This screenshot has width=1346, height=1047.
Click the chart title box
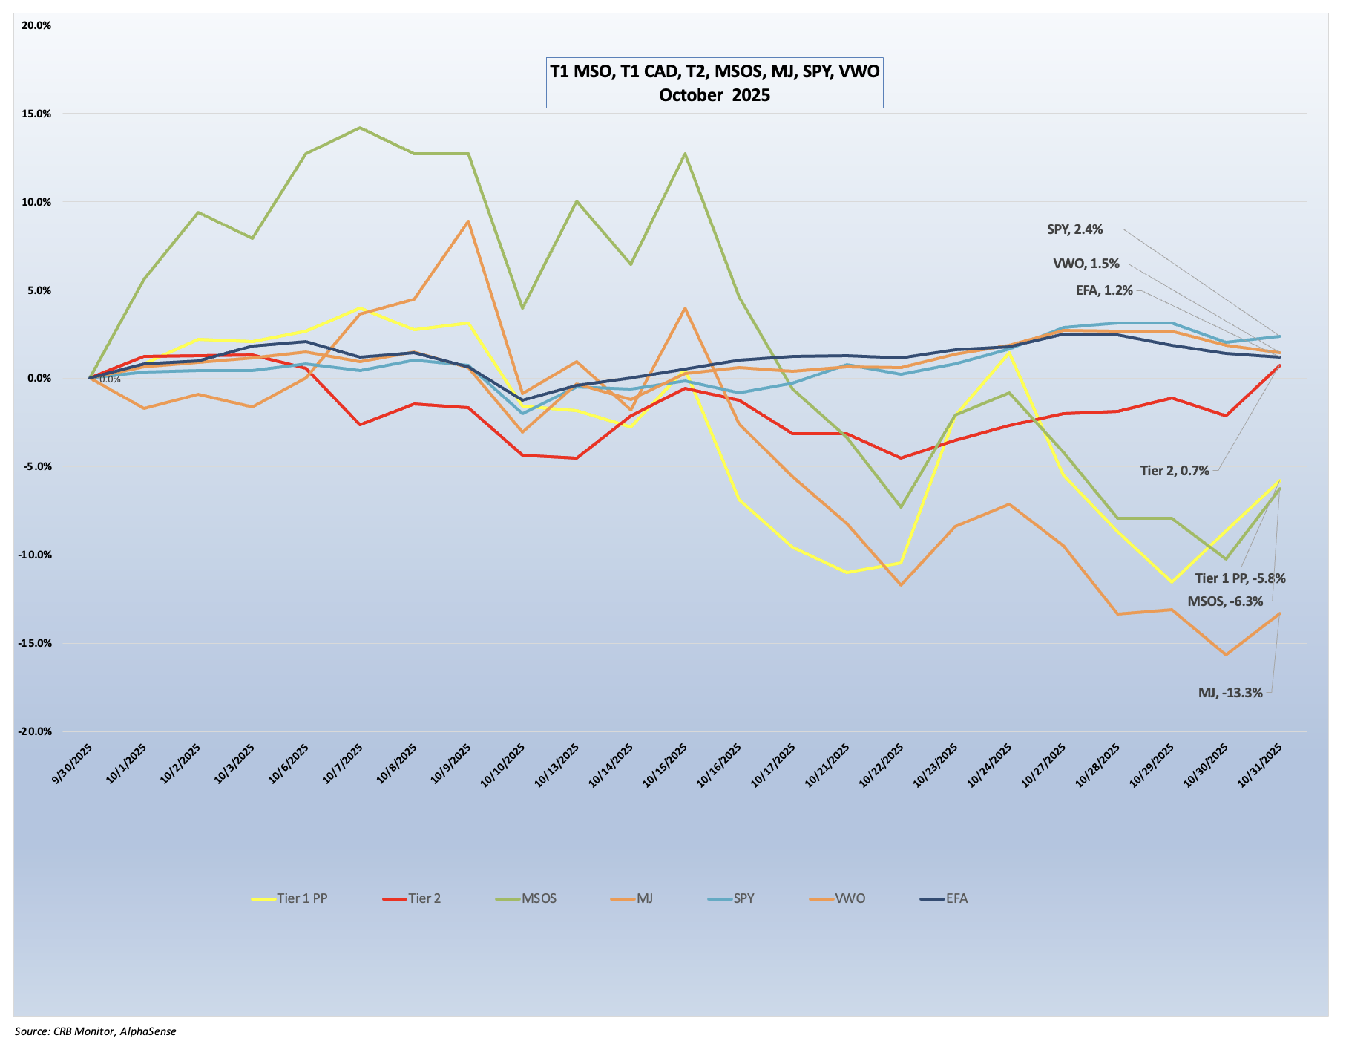point(714,82)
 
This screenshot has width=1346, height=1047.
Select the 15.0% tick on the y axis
point(36,114)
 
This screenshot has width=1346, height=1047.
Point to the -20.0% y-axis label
point(35,731)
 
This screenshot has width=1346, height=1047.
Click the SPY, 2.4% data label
point(1074,229)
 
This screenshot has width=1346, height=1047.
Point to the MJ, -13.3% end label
point(1230,693)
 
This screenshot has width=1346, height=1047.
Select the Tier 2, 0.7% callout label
point(1175,470)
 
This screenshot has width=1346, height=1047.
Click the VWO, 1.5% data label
point(1086,264)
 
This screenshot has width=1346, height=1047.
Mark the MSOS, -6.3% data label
point(1225,601)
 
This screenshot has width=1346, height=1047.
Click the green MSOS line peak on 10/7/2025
point(360,128)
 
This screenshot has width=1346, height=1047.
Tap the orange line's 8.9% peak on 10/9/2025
point(468,221)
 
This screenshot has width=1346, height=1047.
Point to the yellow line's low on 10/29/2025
point(1172,582)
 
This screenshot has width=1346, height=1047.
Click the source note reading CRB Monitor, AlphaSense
point(96,1031)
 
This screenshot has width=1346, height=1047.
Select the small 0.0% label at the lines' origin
point(110,379)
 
